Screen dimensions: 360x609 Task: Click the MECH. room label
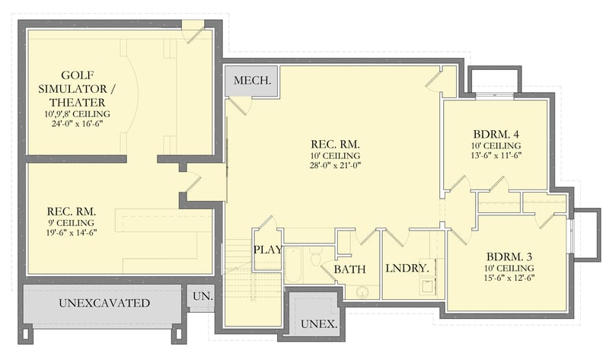pos(250,81)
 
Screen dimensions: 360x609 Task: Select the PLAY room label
pos(267,249)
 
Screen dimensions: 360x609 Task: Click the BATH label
pos(349,269)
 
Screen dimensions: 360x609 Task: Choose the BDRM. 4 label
pos(496,132)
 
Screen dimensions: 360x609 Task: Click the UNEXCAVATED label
pos(104,304)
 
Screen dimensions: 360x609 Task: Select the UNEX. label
pos(319,323)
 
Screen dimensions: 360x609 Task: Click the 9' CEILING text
pos(71,223)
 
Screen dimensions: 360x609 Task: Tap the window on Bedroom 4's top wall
pos(496,96)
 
